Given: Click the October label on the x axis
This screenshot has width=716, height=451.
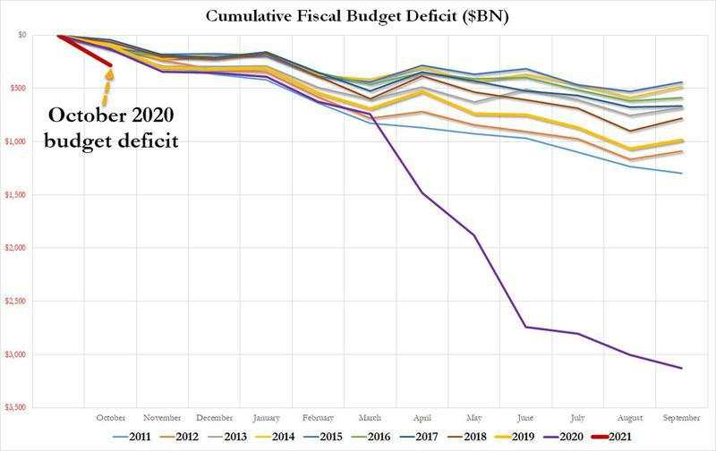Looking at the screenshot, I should coord(111,417).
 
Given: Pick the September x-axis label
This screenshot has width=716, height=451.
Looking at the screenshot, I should coord(681,417).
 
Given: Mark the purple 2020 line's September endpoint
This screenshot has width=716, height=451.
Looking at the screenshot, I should coord(682,368).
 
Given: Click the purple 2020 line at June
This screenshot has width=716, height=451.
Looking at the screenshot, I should coord(526,327).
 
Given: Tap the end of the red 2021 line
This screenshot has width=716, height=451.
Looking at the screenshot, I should coord(110,64).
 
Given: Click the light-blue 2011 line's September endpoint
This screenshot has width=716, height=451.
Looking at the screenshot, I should coord(682,174).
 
